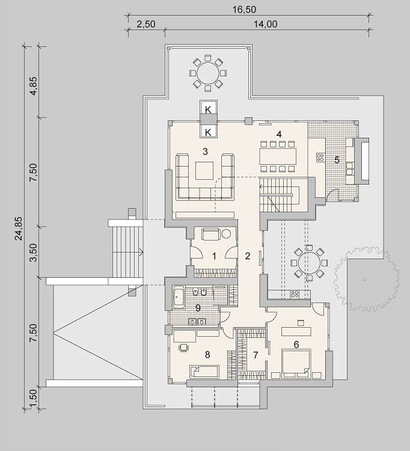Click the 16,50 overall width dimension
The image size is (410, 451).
[x=244, y=10]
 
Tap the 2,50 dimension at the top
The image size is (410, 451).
[x=146, y=24]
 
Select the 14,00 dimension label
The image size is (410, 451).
[x=265, y=24]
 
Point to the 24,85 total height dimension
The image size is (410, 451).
[x=19, y=228]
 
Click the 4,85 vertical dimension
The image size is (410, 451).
[x=33, y=86]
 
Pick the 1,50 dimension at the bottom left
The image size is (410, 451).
[x=33, y=398]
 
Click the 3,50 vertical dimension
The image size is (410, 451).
[x=33, y=252]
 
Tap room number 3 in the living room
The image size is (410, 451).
[x=205, y=152]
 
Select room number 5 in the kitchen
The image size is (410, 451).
[x=337, y=159]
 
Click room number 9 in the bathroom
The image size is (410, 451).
[x=198, y=308]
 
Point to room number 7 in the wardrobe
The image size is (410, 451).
[x=255, y=355]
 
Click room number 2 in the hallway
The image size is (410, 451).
[x=248, y=256]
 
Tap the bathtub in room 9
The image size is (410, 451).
[x=179, y=298]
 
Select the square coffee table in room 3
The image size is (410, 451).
[x=204, y=171]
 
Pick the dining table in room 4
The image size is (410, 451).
[x=278, y=156]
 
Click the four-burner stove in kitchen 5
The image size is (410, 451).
[x=320, y=157]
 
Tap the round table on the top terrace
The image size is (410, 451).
[x=208, y=73]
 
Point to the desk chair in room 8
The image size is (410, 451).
[x=183, y=348]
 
